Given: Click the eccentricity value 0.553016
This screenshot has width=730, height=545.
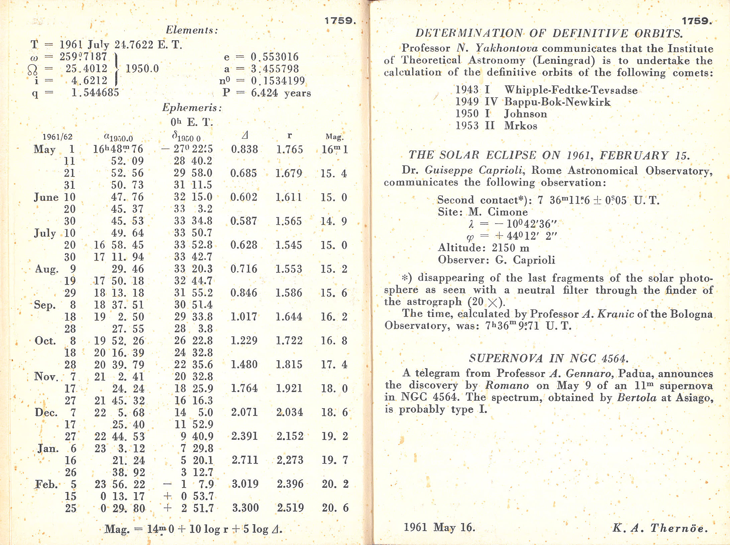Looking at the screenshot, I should pos(274,57).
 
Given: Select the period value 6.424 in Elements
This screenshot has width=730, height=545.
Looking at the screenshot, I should pos(264,93).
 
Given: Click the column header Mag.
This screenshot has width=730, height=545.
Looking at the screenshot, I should pos(335,136).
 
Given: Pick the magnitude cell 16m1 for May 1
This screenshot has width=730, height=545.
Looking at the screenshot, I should pos(335,149).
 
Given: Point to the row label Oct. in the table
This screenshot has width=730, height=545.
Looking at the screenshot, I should pos(44,341).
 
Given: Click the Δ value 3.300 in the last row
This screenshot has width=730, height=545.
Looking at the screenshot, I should pos(245,508).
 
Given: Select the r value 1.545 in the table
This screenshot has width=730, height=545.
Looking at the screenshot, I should pos(289,245).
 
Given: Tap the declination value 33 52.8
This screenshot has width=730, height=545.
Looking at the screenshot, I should pos(193,245).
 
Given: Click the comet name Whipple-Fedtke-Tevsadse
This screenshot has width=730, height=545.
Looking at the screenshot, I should pos(571,90).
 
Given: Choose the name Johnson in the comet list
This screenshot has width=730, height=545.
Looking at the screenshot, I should pos(525,114).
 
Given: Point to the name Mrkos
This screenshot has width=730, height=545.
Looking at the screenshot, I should pos(521,126).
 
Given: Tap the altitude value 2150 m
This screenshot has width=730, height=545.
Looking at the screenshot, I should pos(510,248).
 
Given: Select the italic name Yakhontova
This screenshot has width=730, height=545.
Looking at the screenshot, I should pos(507,48).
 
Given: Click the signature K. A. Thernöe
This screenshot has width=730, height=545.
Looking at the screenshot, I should pos(660,528).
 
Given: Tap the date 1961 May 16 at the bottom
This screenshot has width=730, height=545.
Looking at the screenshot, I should pos(439,527).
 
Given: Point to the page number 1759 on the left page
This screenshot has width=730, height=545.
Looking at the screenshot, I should pos(340,21).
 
